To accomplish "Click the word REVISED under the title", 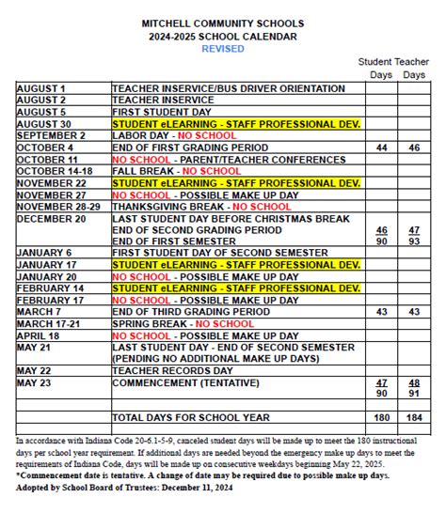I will click(224, 49).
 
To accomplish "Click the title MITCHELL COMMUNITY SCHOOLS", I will click(224, 21).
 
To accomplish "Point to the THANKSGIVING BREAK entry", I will click(201, 207).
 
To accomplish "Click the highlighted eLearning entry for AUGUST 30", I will click(236, 123).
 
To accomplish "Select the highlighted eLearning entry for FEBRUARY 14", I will click(236, 288).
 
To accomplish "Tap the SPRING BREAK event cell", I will click(183, 323).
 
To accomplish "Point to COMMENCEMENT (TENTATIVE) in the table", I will click(185, 382).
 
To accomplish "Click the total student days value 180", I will click(381, 417).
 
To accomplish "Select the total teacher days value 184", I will click(413, 417).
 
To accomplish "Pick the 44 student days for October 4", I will click(381, 148).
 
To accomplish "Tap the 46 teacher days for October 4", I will click(413, 148).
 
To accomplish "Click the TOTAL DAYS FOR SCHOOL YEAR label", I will click(191, 417).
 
